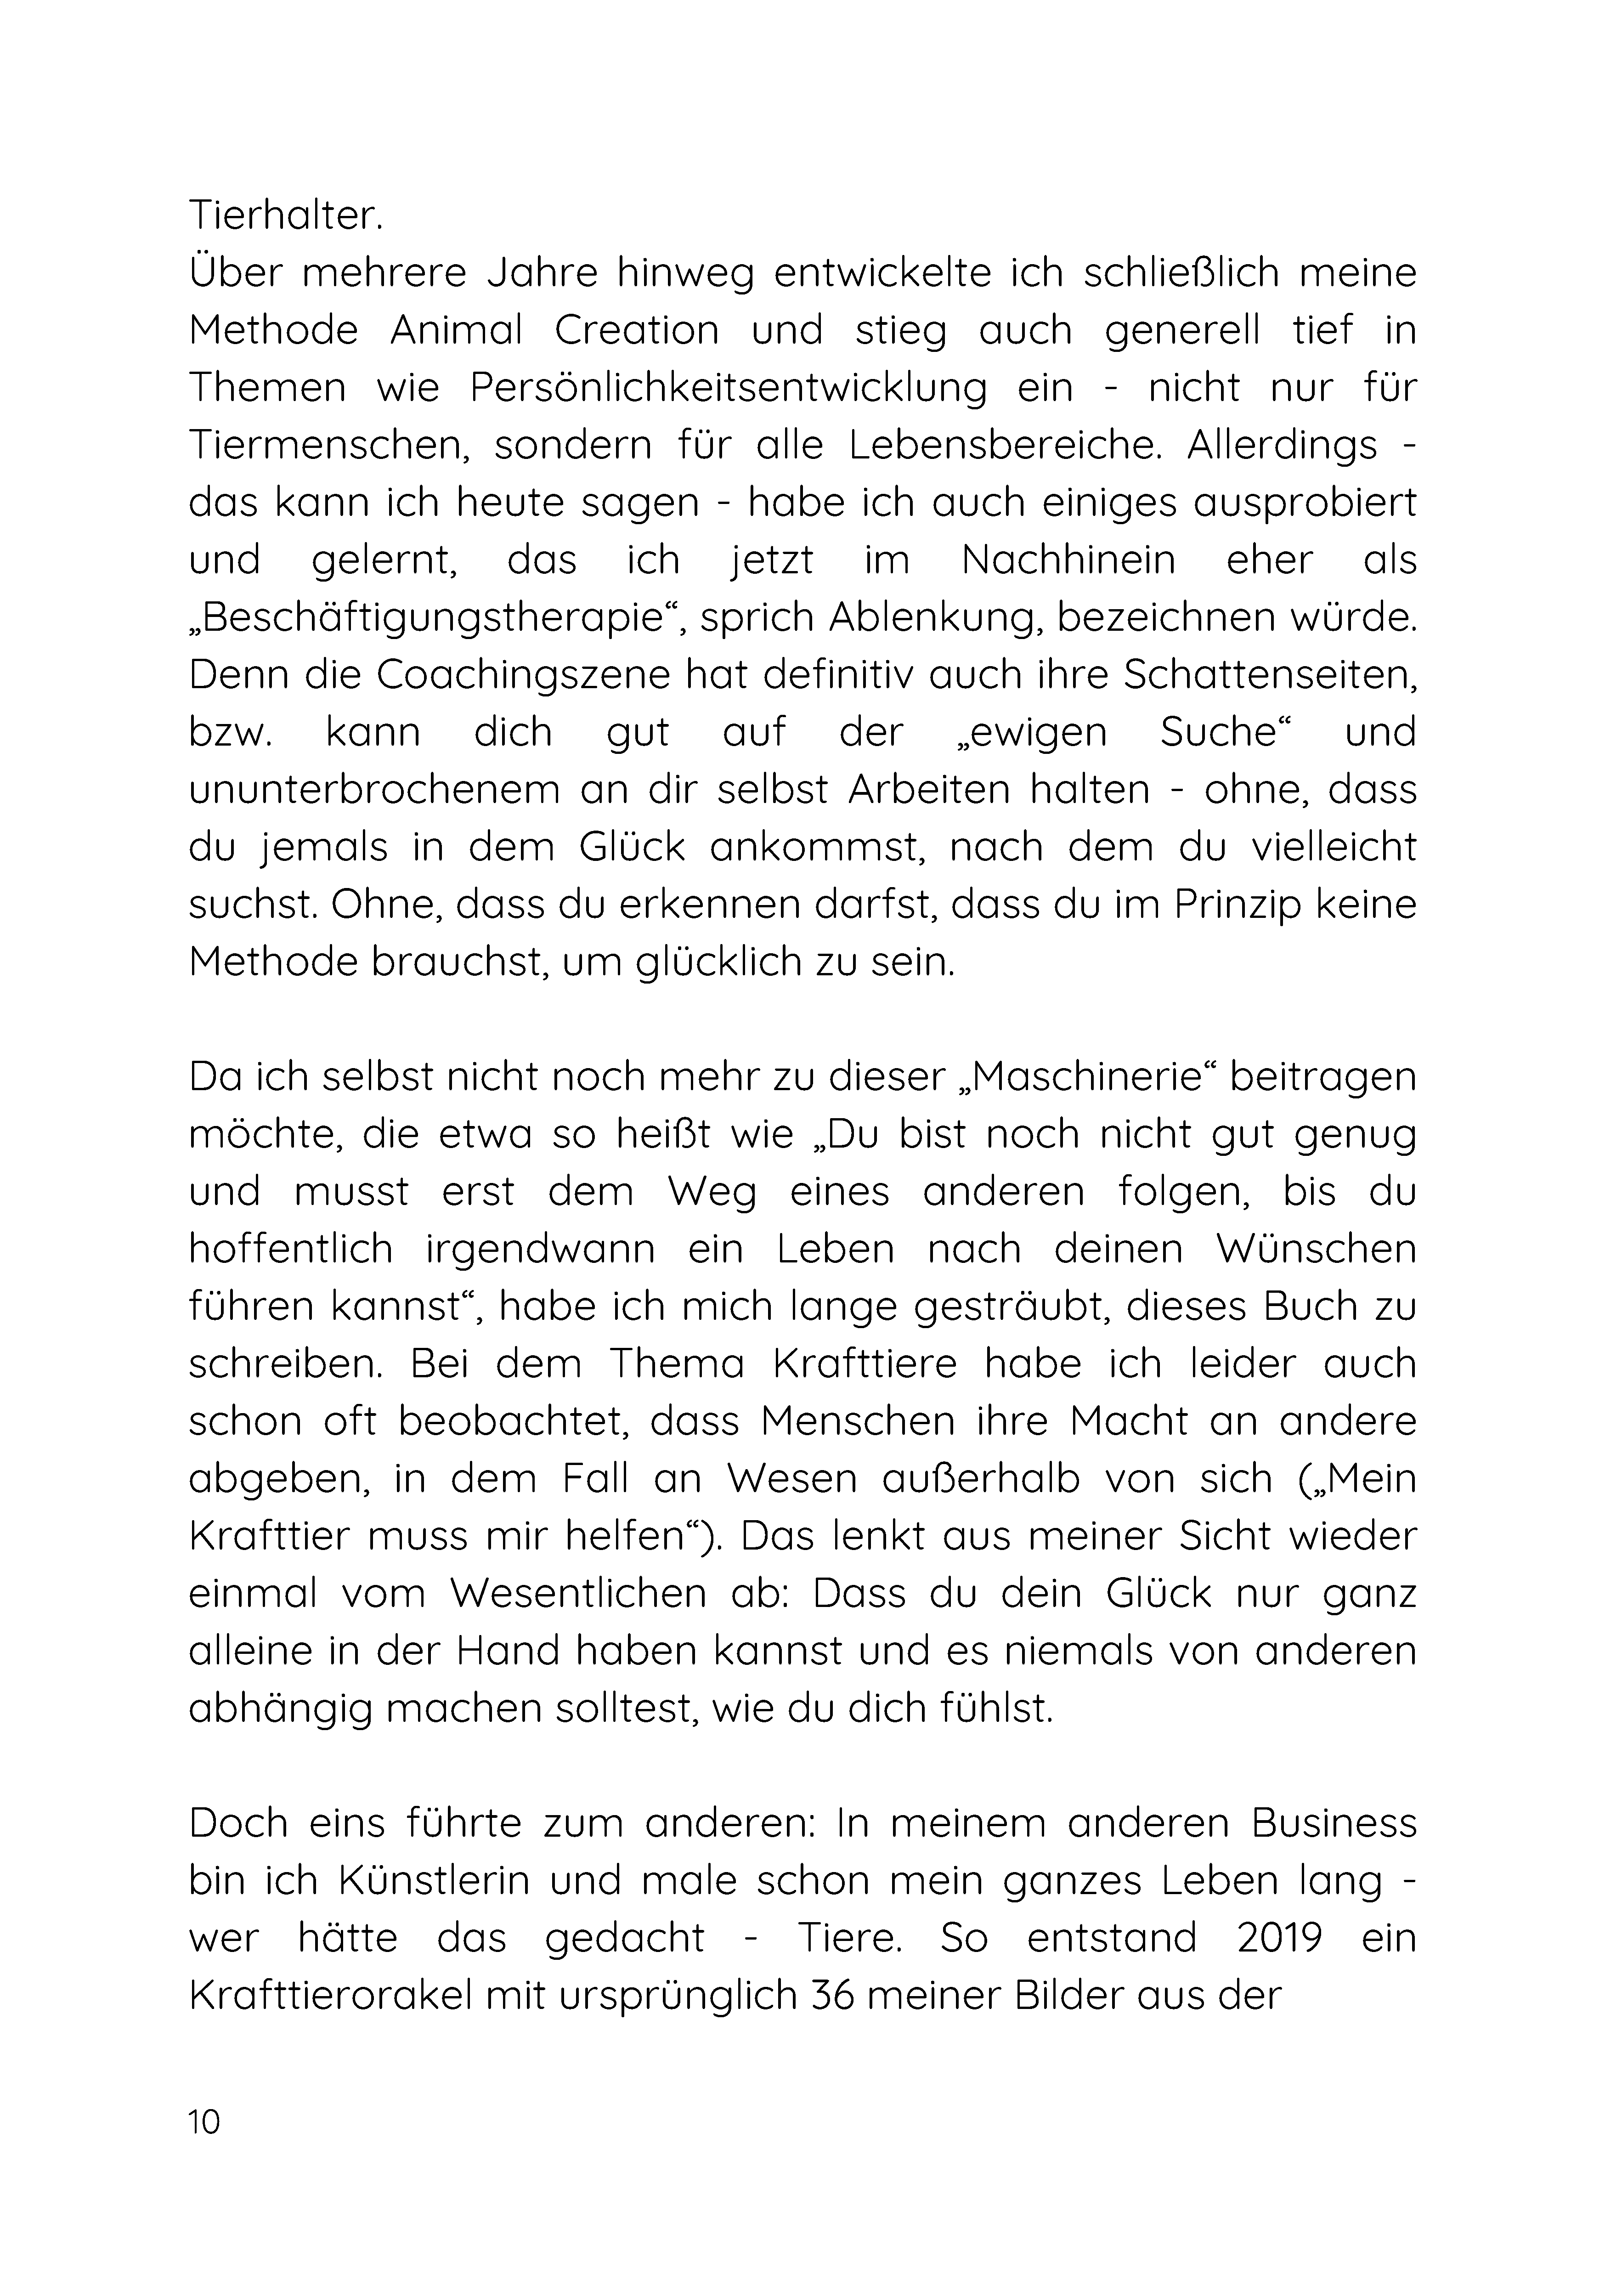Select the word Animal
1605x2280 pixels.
point(456,330)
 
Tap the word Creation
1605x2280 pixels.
point(637,330)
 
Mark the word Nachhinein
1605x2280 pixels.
point(1068,560)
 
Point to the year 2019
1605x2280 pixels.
point(1279,1938)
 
